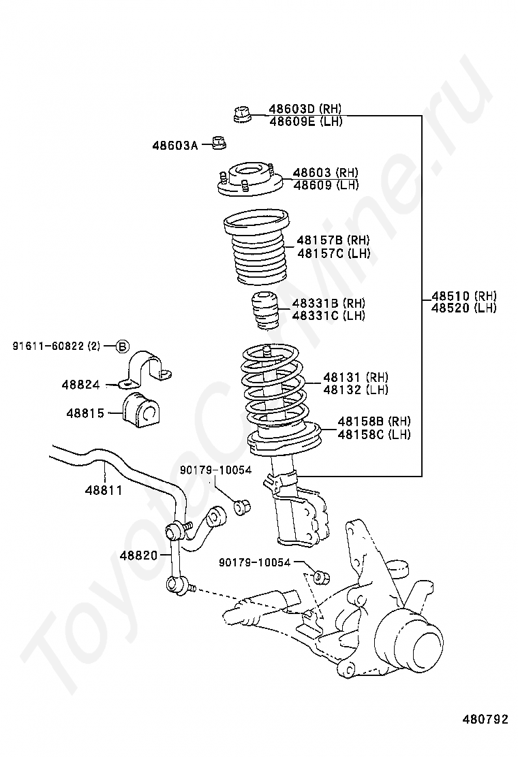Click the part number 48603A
click(x=174, y=145)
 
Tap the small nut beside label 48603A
click(x=218, y=143)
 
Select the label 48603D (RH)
click(x=305, y=109)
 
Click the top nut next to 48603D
click(x=241, y=114)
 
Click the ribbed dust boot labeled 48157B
click(x=258, y=250)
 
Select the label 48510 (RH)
click(x=464, y=296)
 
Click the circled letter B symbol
click(x=121, y=347)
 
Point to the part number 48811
click(x=104, y=489)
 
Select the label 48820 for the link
click(x=138, y=555)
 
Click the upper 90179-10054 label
click(x=215, y=470)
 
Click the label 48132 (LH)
click(x=355, y=390)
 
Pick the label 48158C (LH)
click(x=374, y=435)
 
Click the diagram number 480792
click(x=485, y=719)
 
